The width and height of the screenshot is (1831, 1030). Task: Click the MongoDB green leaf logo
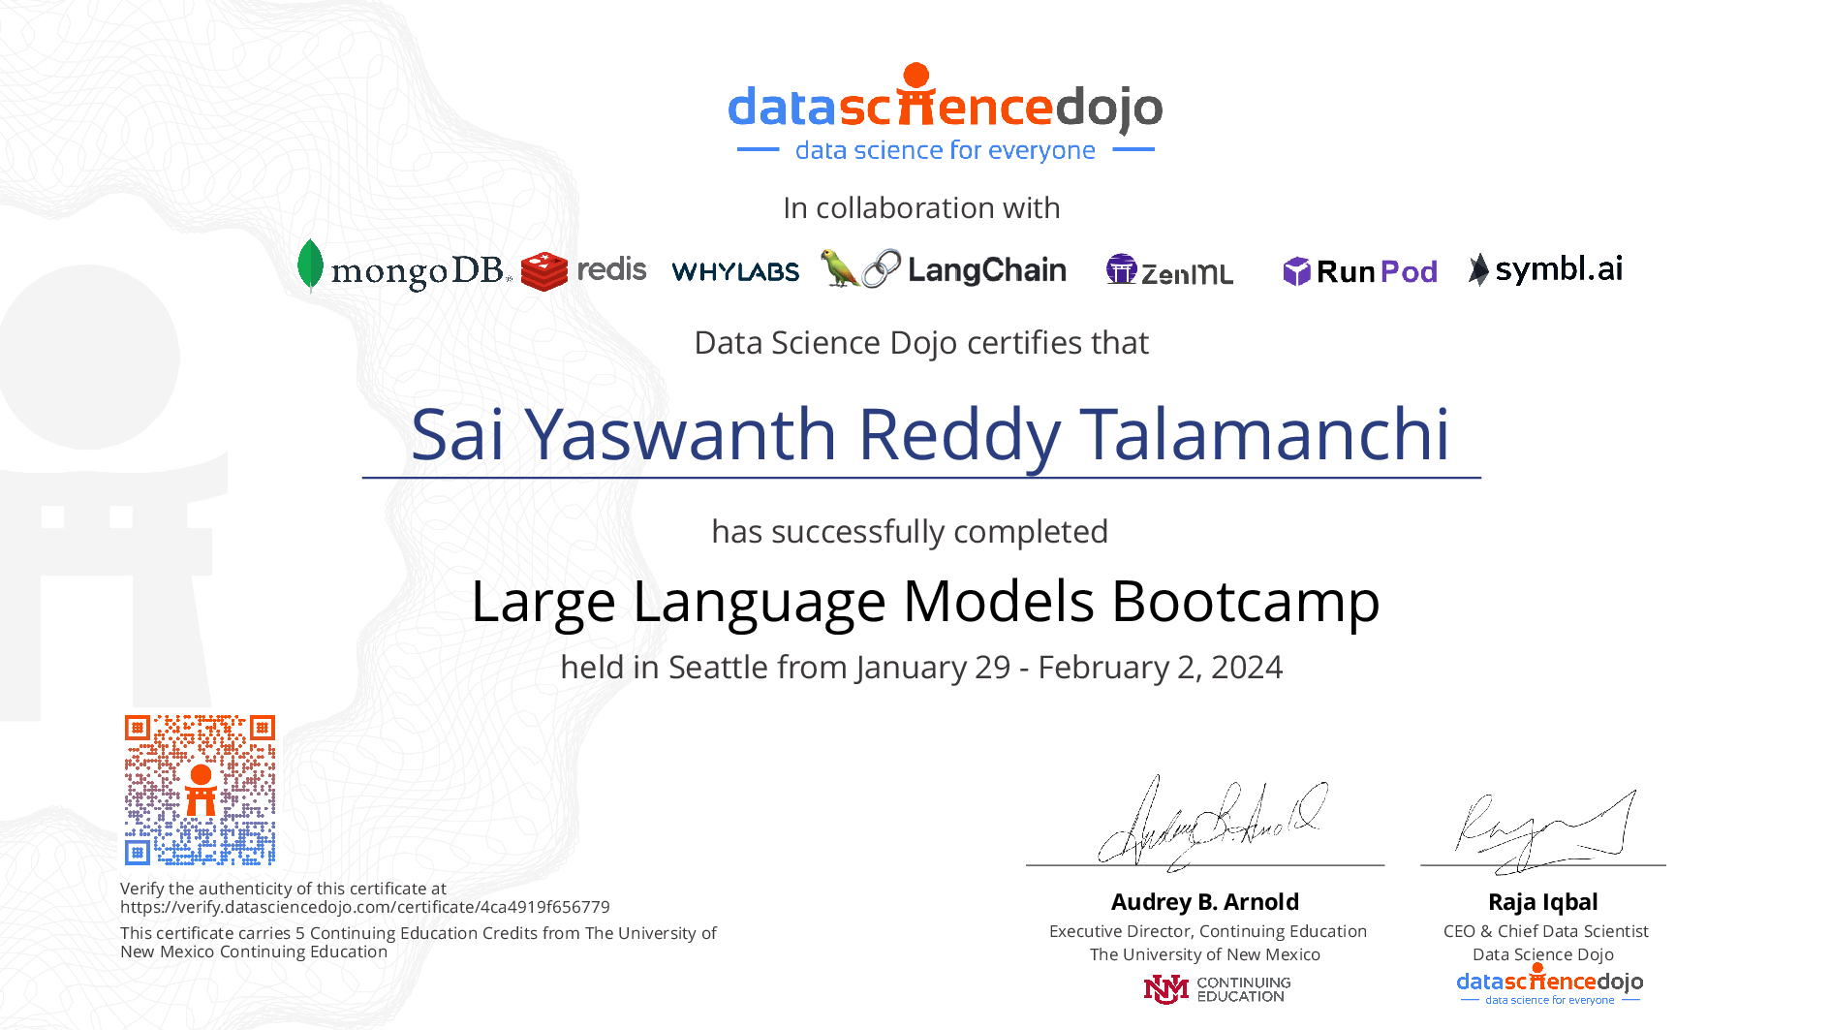[x=310, y=265]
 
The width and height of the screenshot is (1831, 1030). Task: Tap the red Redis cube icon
[x=543, y=271]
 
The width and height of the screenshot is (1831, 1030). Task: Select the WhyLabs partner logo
[x=735, y=271]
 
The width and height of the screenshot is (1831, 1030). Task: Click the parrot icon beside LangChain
[x=838, y=268]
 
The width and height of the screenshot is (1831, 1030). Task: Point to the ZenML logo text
[x=1187, y=274]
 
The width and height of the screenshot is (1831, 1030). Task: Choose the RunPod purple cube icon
[x=1296, y=271]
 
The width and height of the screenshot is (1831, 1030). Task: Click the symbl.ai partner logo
[x=1545, y=269]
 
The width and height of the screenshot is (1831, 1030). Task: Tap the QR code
[x=200, y=790]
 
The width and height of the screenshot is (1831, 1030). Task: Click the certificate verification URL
[x=365, y=907]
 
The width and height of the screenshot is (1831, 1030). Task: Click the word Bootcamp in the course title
[x=1246, y=602]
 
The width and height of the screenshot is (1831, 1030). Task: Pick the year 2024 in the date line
[x=1247, y=668]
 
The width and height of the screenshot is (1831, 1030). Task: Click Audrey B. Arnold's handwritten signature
[x=1211, y=822]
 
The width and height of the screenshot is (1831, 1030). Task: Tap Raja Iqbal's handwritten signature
[x=1544, y=829]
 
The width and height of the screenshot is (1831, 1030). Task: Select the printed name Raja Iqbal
[x=1543, y=902]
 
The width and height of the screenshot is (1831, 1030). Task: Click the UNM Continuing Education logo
[x=1217, y=989]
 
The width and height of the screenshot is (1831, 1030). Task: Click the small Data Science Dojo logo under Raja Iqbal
[x=1550, y=985]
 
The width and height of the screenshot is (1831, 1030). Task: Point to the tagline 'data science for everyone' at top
[x=946, y=150]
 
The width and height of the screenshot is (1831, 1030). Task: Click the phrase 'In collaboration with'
[x=921, y=208]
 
